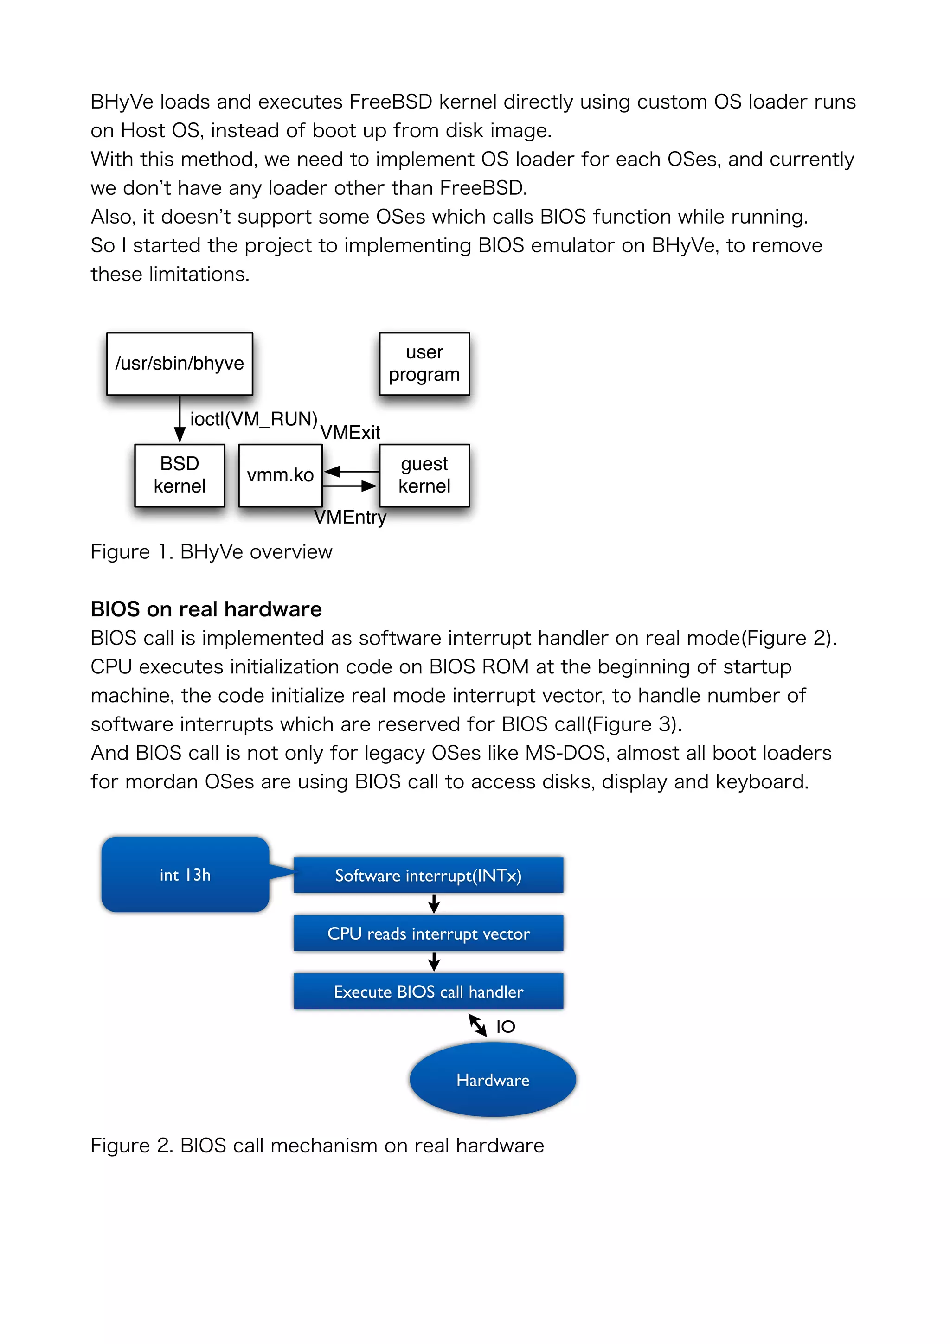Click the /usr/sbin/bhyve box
[179, 364]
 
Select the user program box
[424, 364]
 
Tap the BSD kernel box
[179, 475]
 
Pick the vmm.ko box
[280, 475]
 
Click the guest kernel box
[424, 475]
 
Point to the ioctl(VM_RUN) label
[253, 419]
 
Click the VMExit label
[350, 433]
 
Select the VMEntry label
[350, 518]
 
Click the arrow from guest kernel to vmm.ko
[351, 471]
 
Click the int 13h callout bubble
[185, 875]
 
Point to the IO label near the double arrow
[505, 1026]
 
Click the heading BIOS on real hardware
[206, 609]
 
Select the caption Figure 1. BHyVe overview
[212, 552]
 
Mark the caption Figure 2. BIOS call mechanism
[317, 1146]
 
